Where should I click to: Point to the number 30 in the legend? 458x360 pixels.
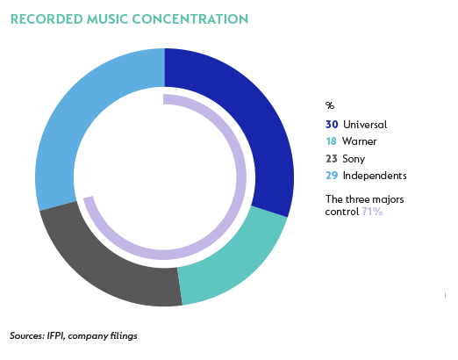(332, 125)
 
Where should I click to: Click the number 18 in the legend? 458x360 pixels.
(331, 141)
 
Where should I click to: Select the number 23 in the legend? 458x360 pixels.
(332, 159)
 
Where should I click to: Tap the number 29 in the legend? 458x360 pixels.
(332, 176)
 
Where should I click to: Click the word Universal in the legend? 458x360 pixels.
(365, 125)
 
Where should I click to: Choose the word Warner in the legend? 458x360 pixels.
(360, 141)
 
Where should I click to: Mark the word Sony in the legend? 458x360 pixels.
(354, 159)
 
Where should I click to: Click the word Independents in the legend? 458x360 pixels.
(375, 176)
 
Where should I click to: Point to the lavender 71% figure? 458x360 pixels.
(372, 212)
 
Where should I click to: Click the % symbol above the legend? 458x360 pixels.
(330, 105)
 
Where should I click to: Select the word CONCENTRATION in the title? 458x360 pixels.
(190, 19)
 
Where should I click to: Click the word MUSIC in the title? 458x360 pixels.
(107, 19)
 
